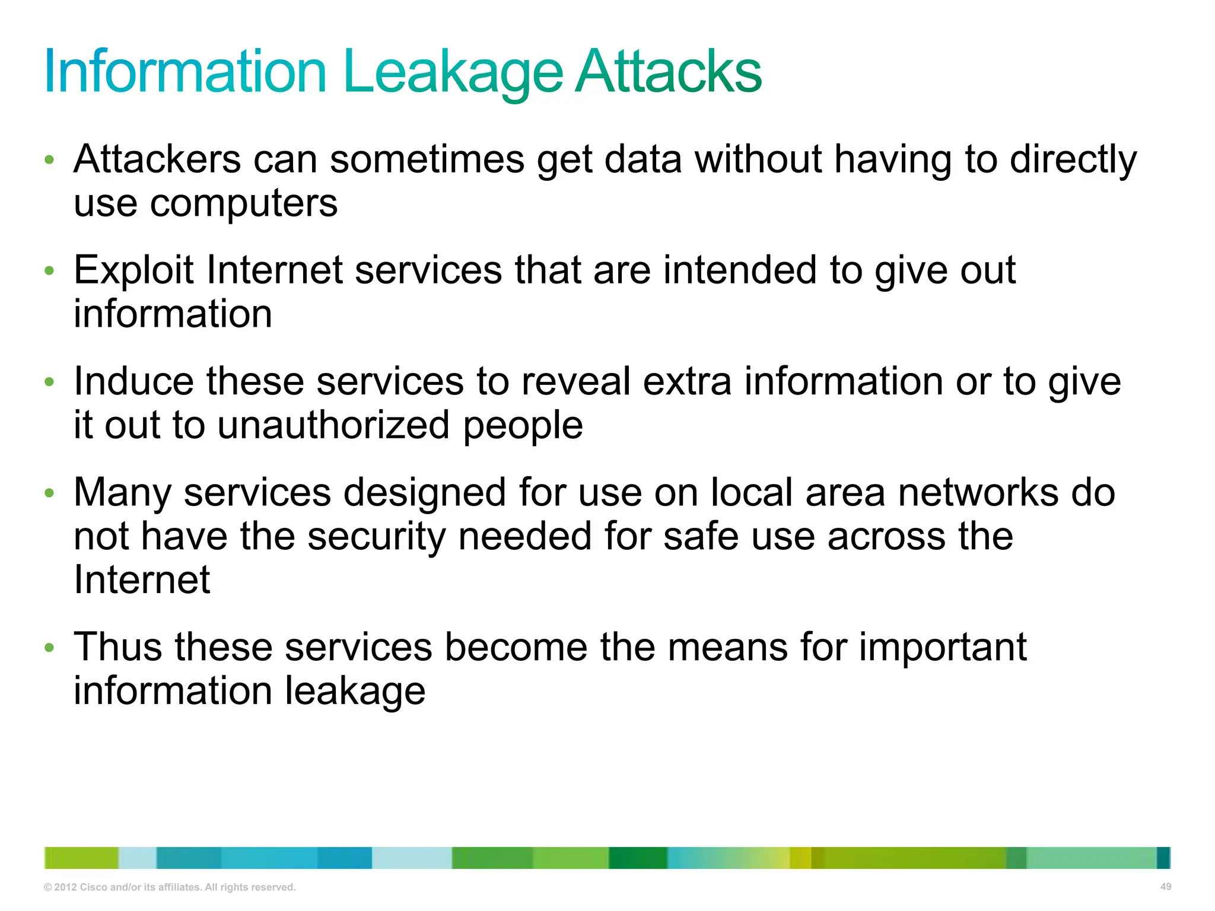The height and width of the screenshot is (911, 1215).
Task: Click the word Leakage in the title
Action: [452, 72]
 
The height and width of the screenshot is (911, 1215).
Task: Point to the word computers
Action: [243, 204]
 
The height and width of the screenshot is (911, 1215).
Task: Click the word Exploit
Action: [133, 270]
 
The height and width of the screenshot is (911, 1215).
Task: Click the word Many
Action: [122, 492]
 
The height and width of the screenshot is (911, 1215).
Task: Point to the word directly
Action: [1073, 160]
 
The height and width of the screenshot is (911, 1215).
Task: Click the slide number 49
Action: [1165, 887]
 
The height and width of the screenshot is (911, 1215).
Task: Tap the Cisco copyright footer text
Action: [170, 887]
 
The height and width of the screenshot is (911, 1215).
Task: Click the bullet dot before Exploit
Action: [50, 271]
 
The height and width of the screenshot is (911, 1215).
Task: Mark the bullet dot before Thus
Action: [50, 648]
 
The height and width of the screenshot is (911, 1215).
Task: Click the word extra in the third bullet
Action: [687, 381]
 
